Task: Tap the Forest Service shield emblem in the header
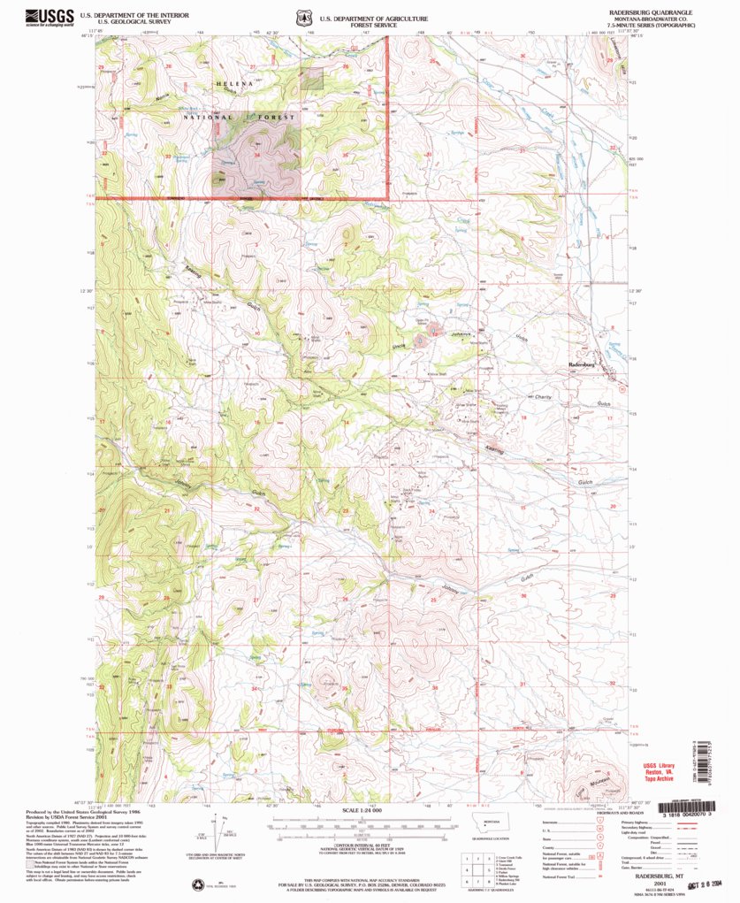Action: [302, 17]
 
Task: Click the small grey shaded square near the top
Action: [310, 80]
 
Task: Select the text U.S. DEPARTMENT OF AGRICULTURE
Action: [374, 18]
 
